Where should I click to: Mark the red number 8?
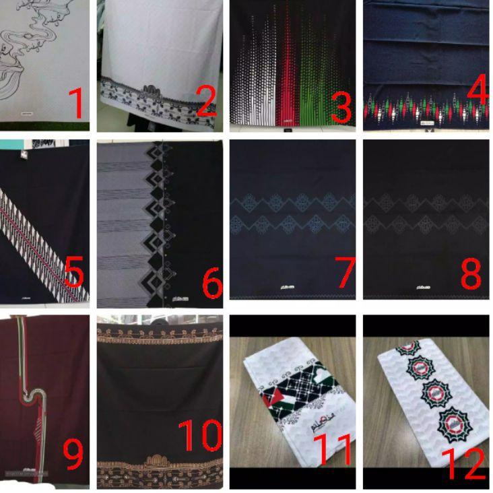point(471,273)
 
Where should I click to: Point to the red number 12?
point(463,463)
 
